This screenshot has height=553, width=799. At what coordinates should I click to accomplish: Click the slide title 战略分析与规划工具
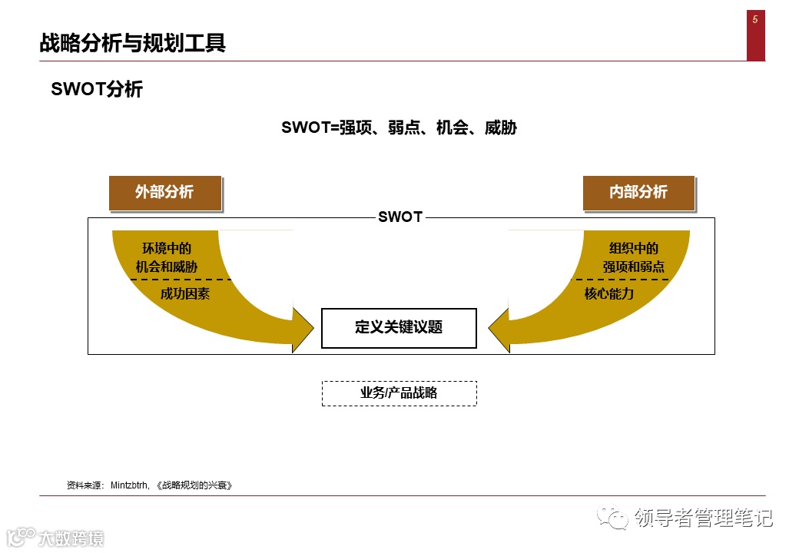(132, 43)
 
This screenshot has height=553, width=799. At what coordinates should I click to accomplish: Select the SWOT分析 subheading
(97, 89)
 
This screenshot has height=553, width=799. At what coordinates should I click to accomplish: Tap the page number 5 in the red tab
(755, 20)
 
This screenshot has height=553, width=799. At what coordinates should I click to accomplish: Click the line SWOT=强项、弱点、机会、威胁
(399, 127)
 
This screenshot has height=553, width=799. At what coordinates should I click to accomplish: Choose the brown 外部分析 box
(164, 192)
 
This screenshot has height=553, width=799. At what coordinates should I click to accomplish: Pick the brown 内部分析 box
(638, 192)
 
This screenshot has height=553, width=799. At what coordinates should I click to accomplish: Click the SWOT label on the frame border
(399, 217)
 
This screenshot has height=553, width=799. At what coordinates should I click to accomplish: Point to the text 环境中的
(167, 248)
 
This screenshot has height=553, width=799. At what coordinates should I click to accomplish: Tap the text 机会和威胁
(167, 267)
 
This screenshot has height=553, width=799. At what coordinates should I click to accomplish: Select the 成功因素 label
(185, 293)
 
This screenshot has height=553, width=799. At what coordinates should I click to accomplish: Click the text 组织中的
(634, 248)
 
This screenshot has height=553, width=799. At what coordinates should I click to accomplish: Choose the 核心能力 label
(609, 293)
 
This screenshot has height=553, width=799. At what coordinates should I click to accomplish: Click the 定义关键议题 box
(399, 328)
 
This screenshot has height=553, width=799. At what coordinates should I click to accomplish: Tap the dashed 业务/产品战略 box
(399, 393)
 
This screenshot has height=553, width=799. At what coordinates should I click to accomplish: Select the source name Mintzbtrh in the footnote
(131, 485)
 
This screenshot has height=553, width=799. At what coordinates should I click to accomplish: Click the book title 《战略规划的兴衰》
(193, 485)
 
